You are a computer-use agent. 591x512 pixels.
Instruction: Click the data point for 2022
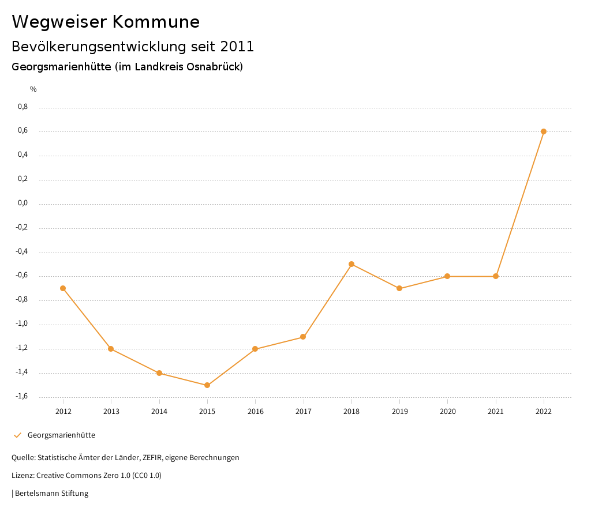[x=544, y=131]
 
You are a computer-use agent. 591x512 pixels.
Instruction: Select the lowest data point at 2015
[x=207, y=385]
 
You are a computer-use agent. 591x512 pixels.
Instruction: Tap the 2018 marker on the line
[x=351, y=264]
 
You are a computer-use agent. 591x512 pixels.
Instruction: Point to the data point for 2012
[x=63, y=288]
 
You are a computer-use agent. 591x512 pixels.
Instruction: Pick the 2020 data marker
[x=447, y=276]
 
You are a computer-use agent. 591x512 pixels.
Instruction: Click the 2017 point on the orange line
[x=303, y=337]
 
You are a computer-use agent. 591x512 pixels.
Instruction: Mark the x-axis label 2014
[x=159, y=411]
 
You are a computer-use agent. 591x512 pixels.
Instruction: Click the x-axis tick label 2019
[x=399, y=411]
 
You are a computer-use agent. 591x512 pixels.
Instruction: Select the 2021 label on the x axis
[x=496, y=411]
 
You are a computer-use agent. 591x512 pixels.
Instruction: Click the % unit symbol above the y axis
[x=33, y=89]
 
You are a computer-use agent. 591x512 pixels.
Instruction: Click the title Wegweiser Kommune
[x=106, y=22]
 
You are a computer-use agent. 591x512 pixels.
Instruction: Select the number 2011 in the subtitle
[x=237, y=46]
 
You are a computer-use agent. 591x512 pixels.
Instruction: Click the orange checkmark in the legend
[x=17, y=435]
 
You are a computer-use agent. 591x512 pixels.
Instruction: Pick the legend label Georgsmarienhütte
[x=61, y=435]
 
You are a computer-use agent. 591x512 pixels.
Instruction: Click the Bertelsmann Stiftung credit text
[x=51, y=494]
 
